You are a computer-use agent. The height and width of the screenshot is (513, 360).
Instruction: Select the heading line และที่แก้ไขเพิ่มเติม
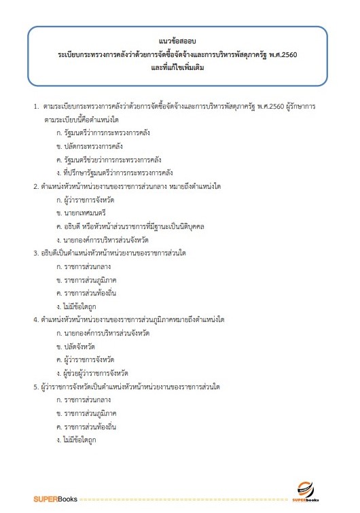(x=179, y=69)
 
